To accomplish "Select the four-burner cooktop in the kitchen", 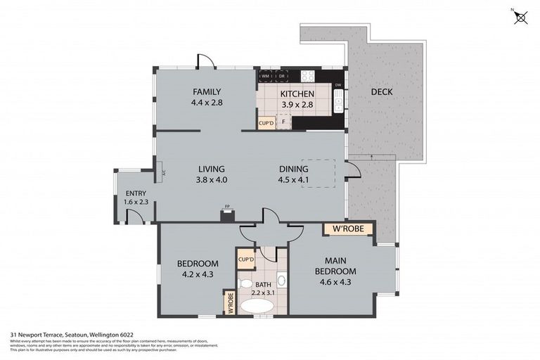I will [307, 75].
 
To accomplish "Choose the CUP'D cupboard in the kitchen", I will [266, 124].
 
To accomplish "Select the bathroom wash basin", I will [281, 279].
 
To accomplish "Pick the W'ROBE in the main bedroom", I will [347, 229].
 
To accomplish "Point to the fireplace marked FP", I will [227, 214].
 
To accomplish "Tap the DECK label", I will [382, 92].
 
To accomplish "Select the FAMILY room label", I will [207, 92].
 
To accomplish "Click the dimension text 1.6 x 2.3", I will [136, 202].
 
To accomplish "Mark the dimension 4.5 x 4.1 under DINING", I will [294, 179].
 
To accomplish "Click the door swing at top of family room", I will [204, 63].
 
